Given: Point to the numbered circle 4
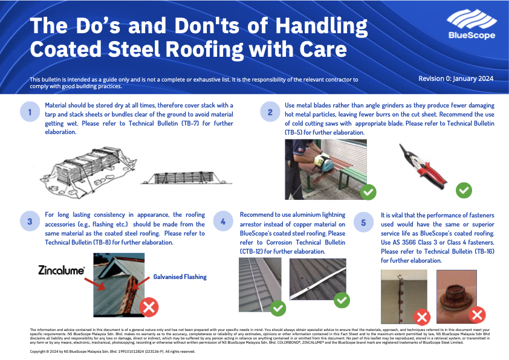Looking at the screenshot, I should [x=223, y=222].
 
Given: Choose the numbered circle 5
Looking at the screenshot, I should [x=363, y=222].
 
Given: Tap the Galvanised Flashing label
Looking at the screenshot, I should [x=180, y=277].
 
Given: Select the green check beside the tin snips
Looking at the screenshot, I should [x=464, y=191].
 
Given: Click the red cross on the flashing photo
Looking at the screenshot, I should [x=149, y=307].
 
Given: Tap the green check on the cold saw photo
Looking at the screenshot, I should [x=368, y=192].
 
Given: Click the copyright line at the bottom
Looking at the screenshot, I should [x=112, y=351].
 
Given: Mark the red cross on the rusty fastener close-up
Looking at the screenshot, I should [x=477, y=314].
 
